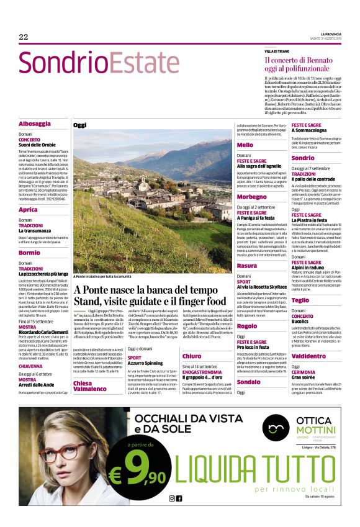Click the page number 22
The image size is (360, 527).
pos(24,37)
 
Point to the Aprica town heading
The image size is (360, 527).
pos(28,210)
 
